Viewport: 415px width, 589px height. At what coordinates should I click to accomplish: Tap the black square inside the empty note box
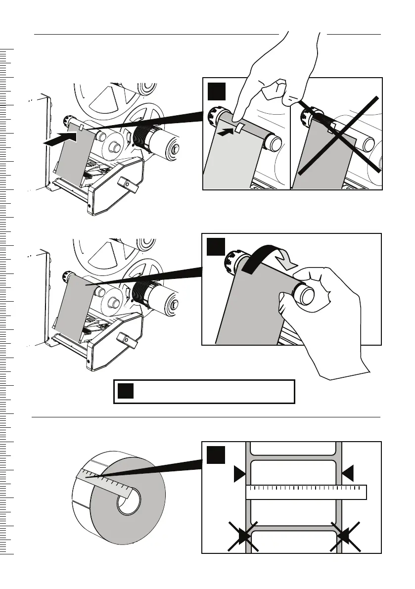[x=126, y=392]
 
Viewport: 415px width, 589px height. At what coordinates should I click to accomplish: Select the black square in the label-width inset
[x=216, y=455]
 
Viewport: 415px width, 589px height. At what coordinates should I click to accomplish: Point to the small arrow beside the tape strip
[x=225, y=132]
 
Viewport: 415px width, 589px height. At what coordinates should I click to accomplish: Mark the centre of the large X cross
[x=339, y=136]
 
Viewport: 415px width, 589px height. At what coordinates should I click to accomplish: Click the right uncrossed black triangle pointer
[x=348, y=473]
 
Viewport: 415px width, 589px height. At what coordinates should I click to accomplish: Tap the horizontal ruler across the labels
[x=306, y=492]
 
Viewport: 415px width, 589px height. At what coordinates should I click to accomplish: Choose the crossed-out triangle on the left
[x=243, y=536]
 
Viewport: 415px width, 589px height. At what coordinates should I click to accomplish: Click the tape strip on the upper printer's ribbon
[x=81, y=128]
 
